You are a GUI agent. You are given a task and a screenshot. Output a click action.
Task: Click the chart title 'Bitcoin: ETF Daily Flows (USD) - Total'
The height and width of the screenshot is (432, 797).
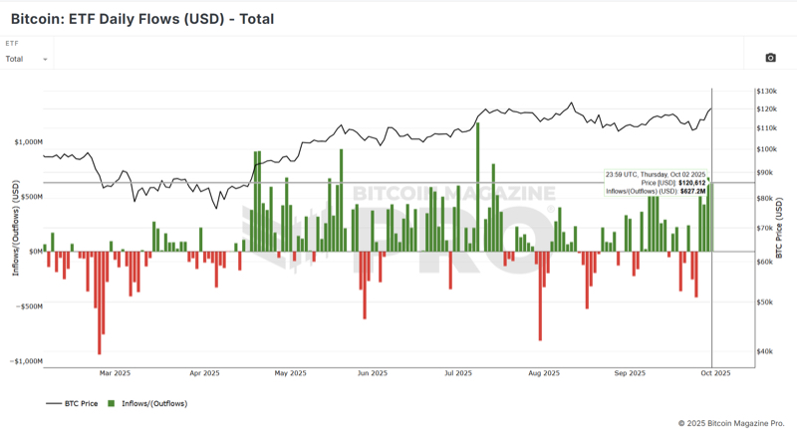pyautogui.click(x=141, y=19)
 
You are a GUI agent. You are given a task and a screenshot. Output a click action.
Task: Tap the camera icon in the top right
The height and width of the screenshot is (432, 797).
pyautogui.click(x=770, y=59)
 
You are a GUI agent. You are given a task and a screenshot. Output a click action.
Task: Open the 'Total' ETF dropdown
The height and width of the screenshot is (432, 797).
pyautogui.click(x=27, y=59)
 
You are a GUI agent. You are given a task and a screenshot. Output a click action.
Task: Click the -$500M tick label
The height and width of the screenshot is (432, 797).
pyautogui.click(x=28, y=307)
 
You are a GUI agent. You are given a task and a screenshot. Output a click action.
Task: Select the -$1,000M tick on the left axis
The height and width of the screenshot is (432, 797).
pyautogui.click(x=26, y=361)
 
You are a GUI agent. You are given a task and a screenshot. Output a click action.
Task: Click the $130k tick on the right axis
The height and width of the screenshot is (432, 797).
pyautogui.click(x=766, y=91)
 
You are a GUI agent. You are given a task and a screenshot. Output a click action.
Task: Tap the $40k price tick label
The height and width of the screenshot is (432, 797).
pyautogui.click(x=764, y=351)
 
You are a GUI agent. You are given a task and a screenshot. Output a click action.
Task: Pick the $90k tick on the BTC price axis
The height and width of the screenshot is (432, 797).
pyautogui.click(x=764, y=173)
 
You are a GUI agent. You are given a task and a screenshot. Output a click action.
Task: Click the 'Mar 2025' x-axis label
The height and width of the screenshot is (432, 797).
pyautogui.click(x=116, y=373)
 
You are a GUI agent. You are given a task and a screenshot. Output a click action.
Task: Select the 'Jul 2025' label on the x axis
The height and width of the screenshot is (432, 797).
pyautogui.click(x=458, y=373)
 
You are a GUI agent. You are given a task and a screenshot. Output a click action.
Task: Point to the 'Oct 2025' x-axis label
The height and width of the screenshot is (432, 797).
pyautogui.click(x=715, y=373)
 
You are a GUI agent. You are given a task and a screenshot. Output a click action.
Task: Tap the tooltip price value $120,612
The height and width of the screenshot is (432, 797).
pyautogui.click(x=691, y=183)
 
